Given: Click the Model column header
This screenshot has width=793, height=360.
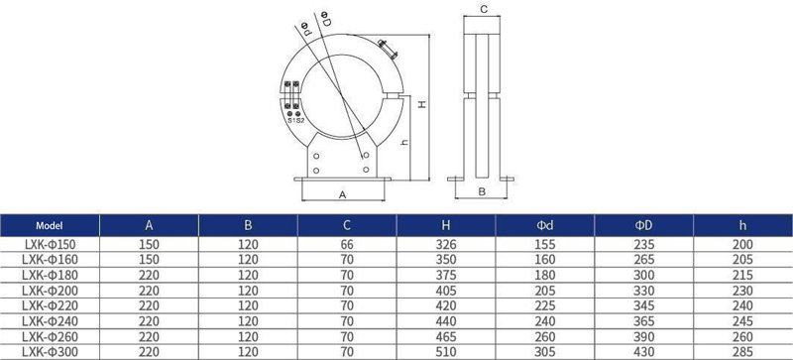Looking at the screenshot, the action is pos(50,226).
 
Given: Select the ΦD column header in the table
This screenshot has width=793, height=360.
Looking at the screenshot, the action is pos(643,226).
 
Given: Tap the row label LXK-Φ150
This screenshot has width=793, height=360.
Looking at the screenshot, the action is pos(49,245).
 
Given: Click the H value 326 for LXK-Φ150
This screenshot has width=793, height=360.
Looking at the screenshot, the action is pos(445,245).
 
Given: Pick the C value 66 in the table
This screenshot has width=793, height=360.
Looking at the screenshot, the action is pos(346,245).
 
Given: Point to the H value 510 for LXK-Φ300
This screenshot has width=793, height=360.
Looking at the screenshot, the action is pos(445,352).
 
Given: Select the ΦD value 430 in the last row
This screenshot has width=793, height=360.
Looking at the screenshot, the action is pos(643,352).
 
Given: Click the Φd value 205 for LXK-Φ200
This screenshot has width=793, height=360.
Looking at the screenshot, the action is pos(544,291).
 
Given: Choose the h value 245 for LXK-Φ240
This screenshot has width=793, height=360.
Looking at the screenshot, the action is pos(742,321).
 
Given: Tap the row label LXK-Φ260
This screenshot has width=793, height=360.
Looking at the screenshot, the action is pos(49,337).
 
